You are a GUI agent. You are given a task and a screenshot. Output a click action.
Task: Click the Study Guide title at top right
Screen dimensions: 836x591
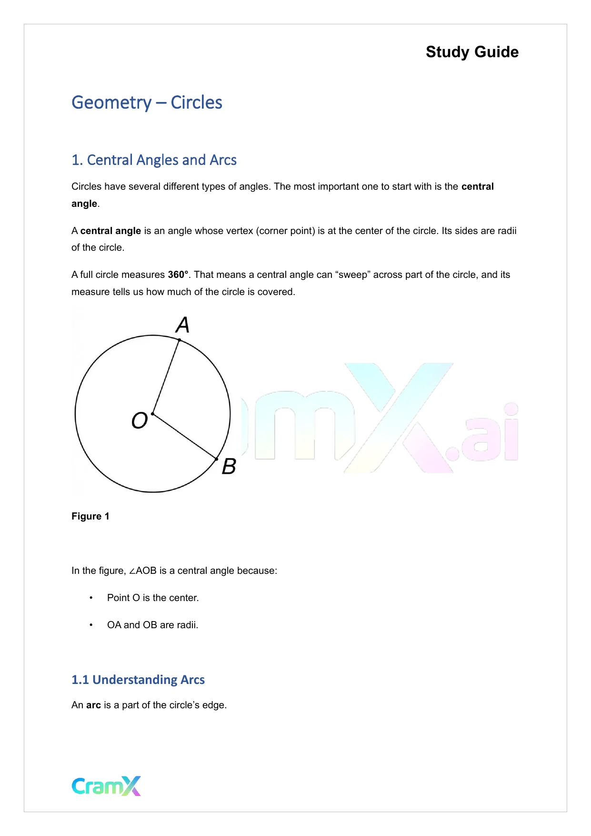(472, 52)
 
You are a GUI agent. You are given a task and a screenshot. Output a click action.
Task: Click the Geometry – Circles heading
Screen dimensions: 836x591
(147, 102)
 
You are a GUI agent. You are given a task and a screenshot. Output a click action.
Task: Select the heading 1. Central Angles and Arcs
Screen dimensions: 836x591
(154, 160)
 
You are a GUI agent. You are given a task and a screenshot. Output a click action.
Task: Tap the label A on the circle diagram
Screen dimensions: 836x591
(183, 325)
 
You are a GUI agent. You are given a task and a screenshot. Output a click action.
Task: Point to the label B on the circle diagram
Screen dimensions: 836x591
(229, 466)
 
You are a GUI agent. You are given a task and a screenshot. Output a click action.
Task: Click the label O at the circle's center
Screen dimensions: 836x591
(140, 420)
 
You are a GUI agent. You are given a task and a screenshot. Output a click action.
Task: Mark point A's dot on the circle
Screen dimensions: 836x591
(180, 340)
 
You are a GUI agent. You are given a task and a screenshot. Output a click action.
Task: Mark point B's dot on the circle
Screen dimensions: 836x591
(217, 459)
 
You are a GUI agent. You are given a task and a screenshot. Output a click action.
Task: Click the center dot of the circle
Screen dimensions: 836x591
(152, 414)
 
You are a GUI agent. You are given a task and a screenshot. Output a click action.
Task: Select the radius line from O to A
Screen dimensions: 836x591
(166, 377)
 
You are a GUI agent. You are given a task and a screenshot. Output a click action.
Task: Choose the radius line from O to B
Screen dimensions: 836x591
(185, 437)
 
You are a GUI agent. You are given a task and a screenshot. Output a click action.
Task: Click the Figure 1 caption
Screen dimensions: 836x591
(90, 516)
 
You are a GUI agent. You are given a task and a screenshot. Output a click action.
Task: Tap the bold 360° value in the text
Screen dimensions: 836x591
(178, 275)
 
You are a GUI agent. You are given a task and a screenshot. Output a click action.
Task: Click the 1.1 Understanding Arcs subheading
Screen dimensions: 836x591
(138, 680)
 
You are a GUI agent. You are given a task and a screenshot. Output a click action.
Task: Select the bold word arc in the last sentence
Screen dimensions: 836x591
(93, 705)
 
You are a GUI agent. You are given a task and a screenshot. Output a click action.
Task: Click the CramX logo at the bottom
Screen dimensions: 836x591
(106, 786)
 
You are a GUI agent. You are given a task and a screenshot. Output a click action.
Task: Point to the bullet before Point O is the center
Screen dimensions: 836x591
(91, 598)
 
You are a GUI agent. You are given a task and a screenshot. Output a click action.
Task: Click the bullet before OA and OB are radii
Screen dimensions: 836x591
(91, 625)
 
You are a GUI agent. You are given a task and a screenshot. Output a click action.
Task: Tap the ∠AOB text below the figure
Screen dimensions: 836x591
(142, 571)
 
